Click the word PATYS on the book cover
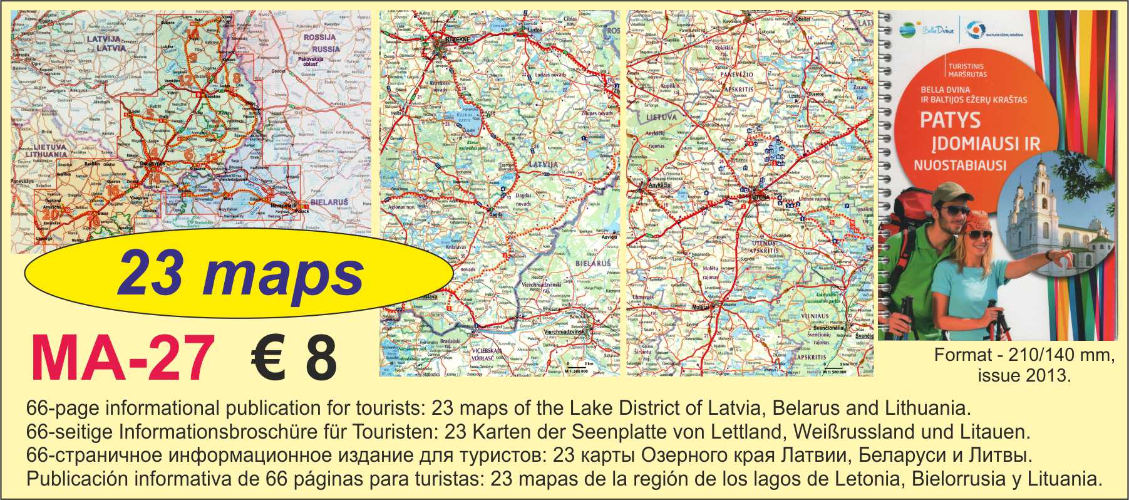950,120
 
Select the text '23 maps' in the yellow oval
240,274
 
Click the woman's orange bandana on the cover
979,222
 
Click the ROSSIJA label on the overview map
319,38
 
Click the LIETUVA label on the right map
661,117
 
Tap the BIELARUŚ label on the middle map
592,263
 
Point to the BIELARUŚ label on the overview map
329,202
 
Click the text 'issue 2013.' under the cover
1024,375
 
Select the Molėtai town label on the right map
701,308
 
